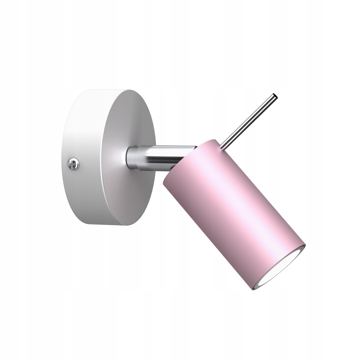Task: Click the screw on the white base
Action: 74,163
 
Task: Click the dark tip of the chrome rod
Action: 275,96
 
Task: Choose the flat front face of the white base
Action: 128,160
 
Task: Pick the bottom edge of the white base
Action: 107,224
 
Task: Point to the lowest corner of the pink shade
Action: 253,289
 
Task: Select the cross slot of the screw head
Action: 74,163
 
